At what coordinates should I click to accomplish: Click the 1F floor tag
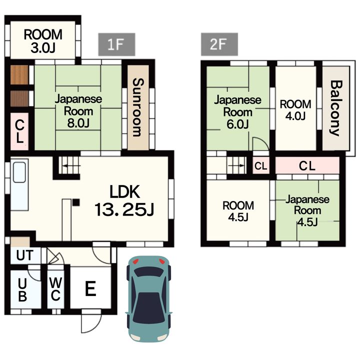116,44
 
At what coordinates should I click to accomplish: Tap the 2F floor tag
219,44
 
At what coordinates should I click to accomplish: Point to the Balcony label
335,108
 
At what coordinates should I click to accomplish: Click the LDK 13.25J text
124,200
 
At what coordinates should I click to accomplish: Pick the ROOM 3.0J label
43,41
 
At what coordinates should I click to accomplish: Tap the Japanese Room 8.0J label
78,111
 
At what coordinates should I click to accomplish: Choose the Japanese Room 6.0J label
237,112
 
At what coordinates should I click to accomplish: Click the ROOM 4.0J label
295,110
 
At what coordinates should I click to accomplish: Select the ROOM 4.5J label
238,211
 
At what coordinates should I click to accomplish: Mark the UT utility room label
25,255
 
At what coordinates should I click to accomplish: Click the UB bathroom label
22,289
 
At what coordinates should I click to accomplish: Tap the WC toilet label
55,289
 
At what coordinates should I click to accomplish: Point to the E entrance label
90,288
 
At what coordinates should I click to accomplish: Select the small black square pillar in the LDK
76,202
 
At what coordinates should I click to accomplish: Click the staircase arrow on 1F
71,165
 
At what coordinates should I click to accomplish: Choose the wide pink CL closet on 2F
307,165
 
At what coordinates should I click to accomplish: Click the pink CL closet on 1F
19,131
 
